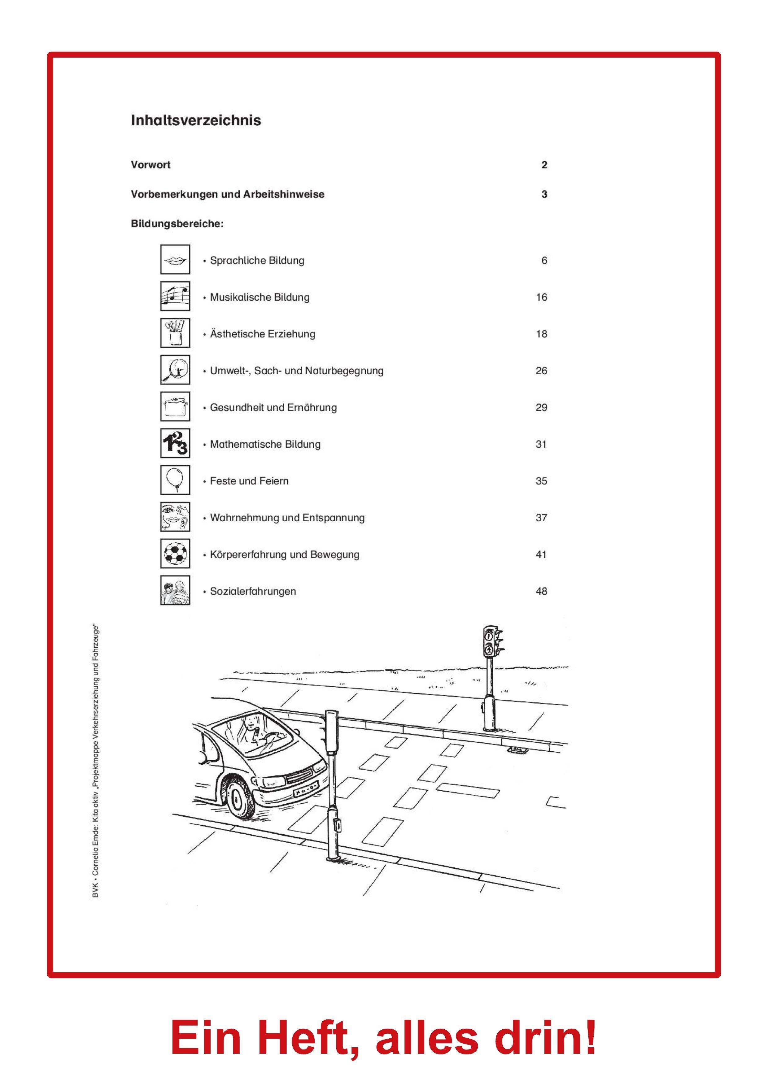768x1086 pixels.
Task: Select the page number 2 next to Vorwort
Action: click(544, 165)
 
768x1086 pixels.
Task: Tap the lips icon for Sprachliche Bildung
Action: click(175, 260)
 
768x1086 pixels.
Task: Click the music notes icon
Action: click(175, 297)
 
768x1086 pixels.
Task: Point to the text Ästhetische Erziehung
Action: click(262, 334)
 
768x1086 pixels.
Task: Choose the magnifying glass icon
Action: click(175, 370)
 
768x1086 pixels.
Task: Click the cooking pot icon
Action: click(175, 407)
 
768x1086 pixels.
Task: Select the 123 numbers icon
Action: click(175, 444)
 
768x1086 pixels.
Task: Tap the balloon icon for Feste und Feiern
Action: click(175, 480)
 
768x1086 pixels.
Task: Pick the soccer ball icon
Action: click(175, 554)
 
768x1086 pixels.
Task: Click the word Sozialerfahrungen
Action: click(253, 591)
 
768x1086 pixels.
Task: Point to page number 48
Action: click(541, 591)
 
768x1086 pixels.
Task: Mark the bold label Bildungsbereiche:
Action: click(177, 224)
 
